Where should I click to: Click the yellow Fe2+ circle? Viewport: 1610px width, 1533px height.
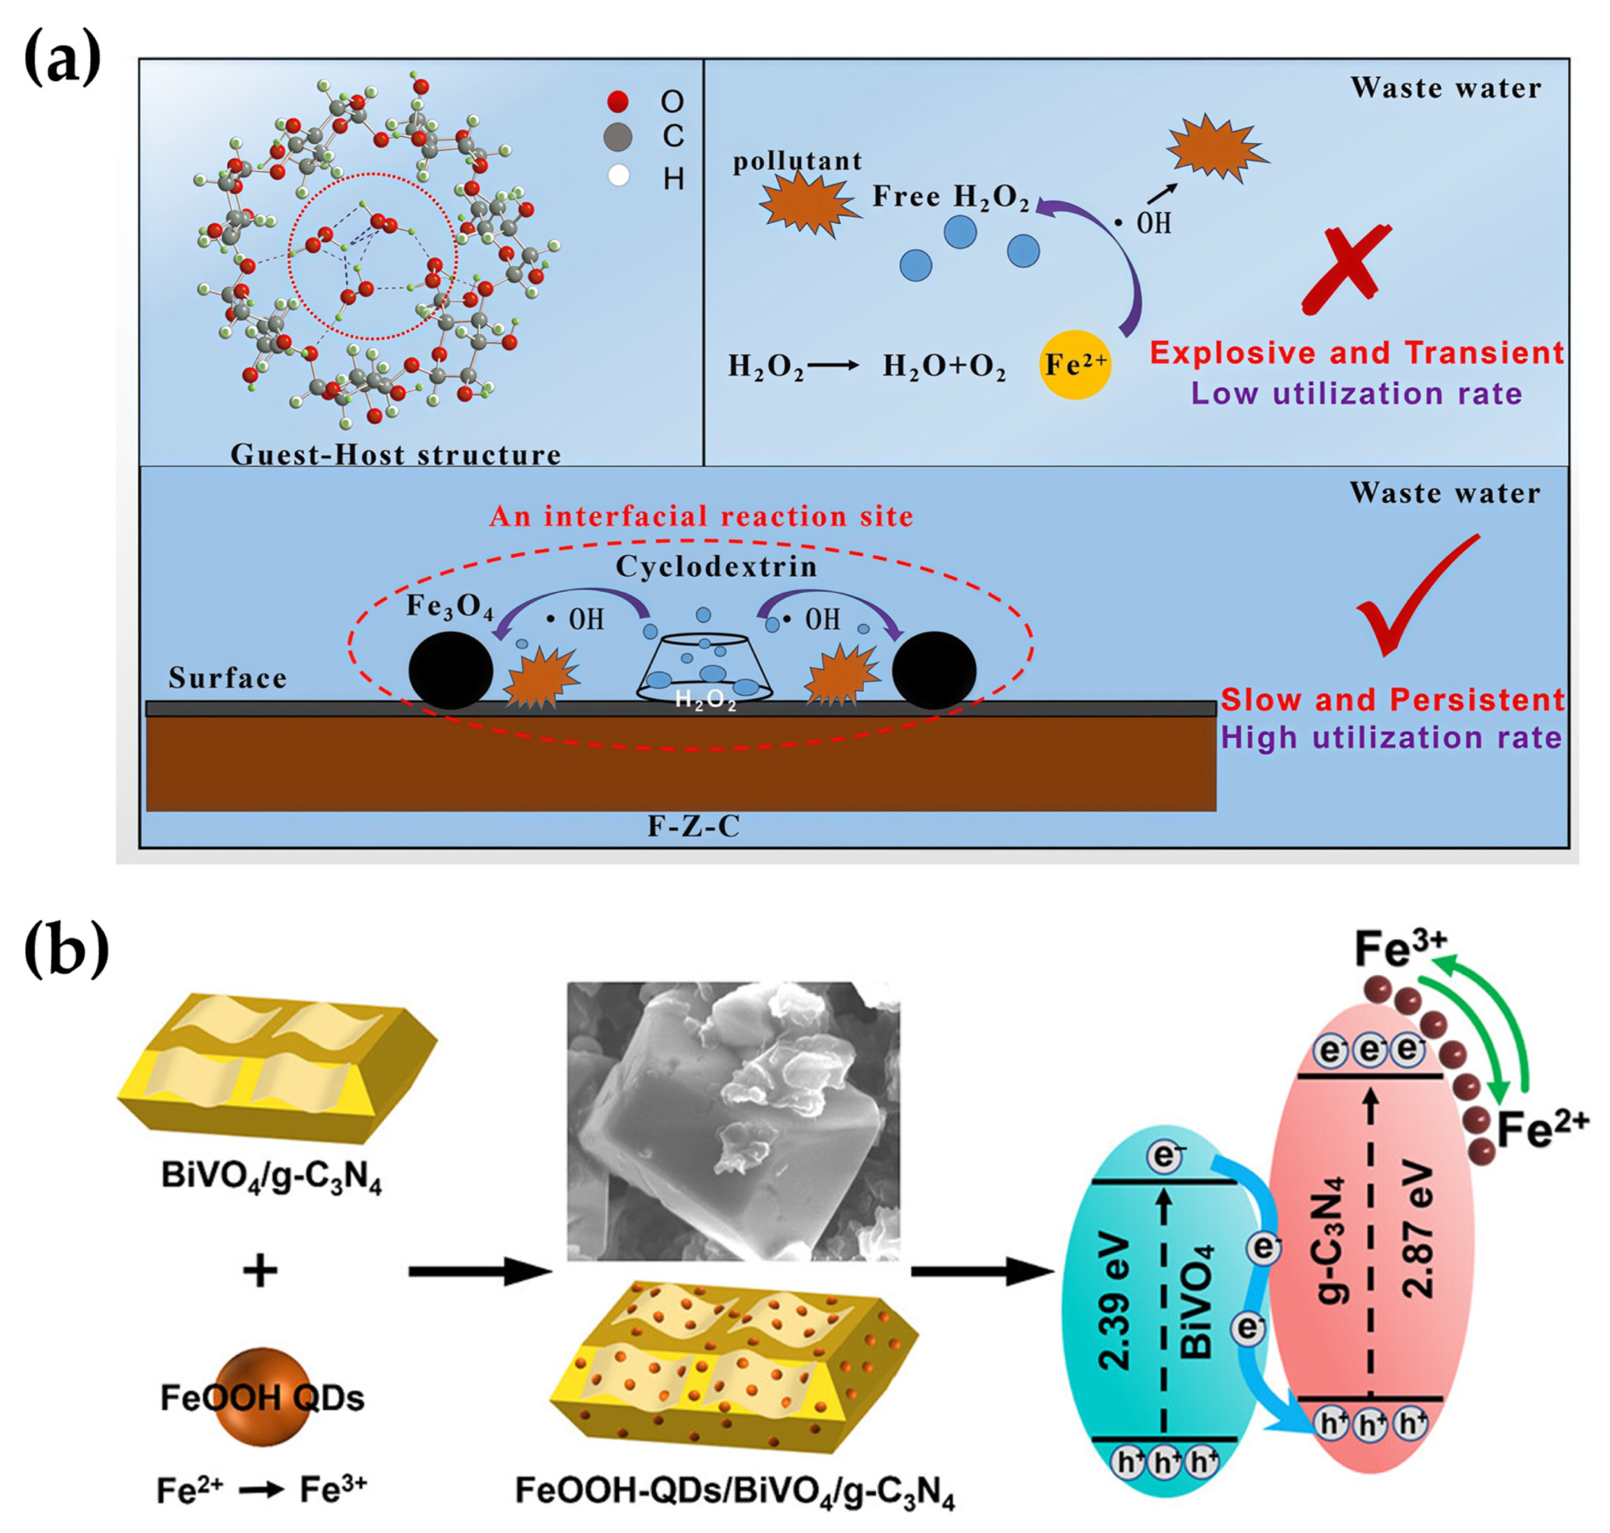click(1074, 365)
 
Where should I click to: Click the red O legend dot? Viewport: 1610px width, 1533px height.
click(618, 101)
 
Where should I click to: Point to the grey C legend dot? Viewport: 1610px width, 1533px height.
click(618, 137)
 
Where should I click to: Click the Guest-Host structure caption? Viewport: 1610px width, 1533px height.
click(396, 454)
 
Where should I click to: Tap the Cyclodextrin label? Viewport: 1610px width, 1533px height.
click(716, 566)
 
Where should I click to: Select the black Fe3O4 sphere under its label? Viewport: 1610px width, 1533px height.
click(450, 670)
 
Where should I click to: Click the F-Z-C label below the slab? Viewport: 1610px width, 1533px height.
click(693, 826)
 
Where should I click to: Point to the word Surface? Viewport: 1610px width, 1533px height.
click(228, 678)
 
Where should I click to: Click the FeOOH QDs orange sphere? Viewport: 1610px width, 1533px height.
click(263, 1397)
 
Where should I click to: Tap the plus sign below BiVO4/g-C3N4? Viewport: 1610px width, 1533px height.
click(260, 1271)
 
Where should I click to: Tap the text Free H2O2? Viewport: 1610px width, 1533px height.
click(950, 197)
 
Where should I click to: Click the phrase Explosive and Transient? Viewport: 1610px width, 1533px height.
click(1356, 352)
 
